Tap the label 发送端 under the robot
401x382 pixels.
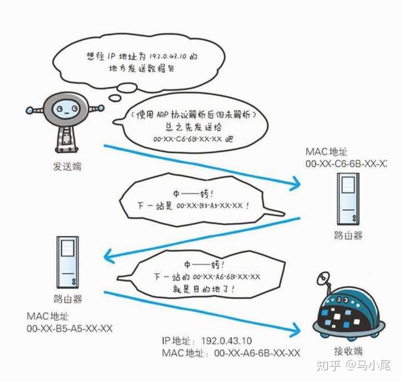point(67,167)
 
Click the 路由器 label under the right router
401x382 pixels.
point(348,235)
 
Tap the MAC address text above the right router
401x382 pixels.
point(346,164)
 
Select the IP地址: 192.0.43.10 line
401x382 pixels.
point(207,341)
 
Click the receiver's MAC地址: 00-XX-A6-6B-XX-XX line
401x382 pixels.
point(231,353)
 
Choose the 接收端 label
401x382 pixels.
point(349,351)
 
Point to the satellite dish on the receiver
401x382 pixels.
point(322,279)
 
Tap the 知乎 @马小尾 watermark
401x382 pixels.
point(352,365)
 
